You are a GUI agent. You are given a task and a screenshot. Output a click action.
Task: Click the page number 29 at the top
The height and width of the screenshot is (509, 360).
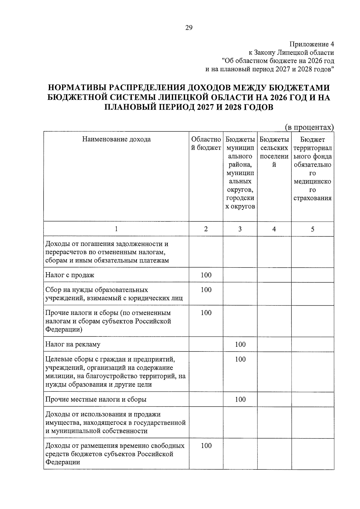pos(189,28)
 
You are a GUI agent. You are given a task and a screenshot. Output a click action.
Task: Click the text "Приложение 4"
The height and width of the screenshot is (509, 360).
pos(311,44)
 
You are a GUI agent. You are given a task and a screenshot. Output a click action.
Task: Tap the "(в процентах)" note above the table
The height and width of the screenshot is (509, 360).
pos(309,127)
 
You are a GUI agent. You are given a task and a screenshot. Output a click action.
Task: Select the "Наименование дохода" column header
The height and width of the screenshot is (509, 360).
pos(116,139)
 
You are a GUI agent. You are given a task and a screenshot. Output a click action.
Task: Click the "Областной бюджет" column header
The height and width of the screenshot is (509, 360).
pos(206,143)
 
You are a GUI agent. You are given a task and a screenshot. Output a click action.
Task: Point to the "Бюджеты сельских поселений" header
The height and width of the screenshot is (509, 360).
pos(274,152)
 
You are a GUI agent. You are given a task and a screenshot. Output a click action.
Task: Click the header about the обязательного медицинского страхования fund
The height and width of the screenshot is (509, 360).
pos(312,169)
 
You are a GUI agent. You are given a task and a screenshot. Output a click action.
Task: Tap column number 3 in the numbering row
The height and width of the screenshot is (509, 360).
pos(240,229)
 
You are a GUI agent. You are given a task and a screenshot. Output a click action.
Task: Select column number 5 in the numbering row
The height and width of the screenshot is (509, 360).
pos(312,229)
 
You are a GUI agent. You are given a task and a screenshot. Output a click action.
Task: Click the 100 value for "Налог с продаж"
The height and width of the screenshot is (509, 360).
pos(206,275)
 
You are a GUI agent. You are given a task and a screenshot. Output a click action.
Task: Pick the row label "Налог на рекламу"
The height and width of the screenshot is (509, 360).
pos(73,344)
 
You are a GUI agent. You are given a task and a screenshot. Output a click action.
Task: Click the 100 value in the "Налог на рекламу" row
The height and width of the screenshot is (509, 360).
pos(240,344)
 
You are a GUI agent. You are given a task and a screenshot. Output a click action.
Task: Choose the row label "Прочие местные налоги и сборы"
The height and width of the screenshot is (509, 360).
pos(96,399)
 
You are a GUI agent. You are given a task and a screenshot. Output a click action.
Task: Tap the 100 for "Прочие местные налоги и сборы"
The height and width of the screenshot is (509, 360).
pos(240,399)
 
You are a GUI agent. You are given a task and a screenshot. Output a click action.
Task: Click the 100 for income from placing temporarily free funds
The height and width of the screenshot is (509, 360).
pos(206,445)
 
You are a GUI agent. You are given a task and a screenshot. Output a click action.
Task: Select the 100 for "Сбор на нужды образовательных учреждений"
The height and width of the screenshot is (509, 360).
pos(206,290)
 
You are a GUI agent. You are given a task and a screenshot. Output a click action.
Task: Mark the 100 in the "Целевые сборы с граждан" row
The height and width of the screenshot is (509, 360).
pos(240,359)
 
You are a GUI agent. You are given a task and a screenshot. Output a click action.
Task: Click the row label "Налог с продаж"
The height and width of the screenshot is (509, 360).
pos(70,275)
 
